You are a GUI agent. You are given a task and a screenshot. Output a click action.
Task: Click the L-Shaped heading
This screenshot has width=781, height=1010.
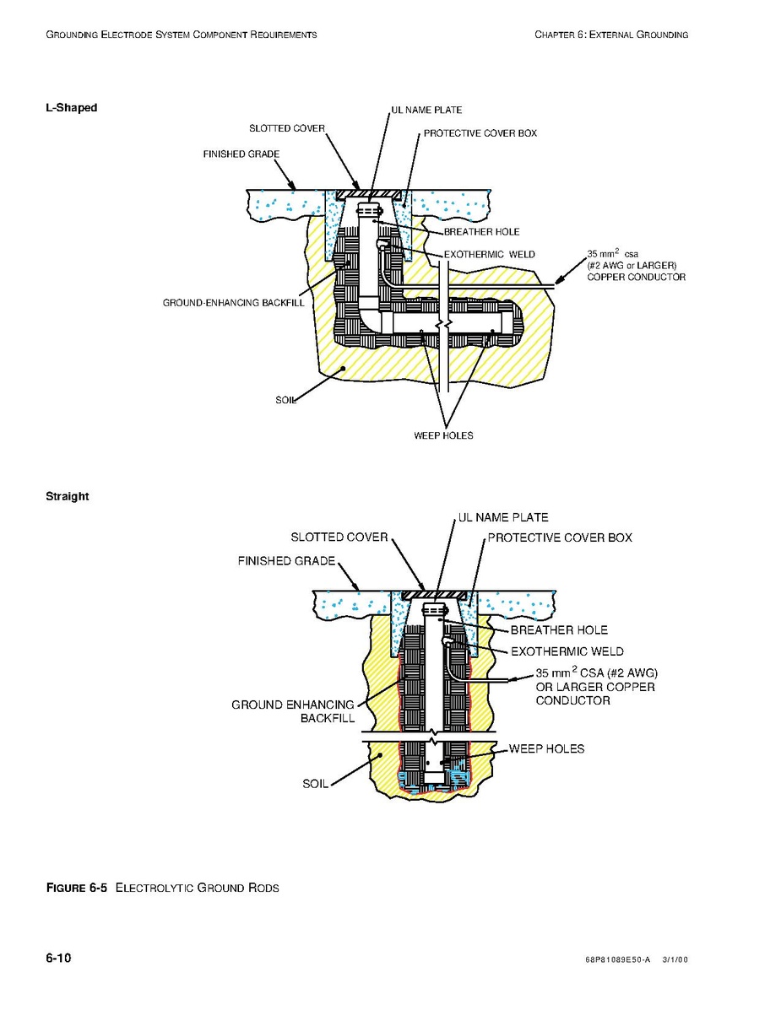pos(72,107)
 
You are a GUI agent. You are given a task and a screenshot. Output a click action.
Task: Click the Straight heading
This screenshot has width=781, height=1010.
pos(67,496)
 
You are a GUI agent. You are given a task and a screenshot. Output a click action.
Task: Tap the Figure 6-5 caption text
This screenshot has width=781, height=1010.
pos(162,888)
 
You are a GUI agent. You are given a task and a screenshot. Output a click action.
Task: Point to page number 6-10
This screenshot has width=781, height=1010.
pos(58,958)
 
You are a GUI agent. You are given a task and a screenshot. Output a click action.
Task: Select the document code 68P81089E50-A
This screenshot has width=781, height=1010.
pos(618,959)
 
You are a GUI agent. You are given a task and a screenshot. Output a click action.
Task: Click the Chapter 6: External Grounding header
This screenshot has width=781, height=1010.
pos(611,34)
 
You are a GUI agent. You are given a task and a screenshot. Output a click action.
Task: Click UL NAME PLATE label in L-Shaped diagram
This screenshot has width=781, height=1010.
pos(426,111)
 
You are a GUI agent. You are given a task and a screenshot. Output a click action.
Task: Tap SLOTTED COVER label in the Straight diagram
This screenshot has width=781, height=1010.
pos(339,537)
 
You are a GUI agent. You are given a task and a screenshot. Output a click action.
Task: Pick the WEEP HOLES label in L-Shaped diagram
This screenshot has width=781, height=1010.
pos(443,435)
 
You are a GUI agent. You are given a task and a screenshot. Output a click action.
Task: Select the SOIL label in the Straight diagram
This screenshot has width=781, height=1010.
pos(315,784)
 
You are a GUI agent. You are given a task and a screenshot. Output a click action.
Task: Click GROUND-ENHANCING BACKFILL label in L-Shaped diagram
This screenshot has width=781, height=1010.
pos(233,303)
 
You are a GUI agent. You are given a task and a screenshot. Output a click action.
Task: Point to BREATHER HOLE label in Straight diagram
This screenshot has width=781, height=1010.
pos(559,630)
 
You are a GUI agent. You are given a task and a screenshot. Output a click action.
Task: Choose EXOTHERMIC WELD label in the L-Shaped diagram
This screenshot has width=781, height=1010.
pos(489,255)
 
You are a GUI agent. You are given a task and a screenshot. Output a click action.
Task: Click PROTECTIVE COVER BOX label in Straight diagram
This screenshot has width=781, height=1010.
pos(559,537)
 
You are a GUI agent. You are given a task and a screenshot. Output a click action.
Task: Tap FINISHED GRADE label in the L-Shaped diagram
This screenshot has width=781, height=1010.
pos(241,154)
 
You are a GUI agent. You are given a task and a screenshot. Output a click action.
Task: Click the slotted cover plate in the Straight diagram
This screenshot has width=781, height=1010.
pos(434,595)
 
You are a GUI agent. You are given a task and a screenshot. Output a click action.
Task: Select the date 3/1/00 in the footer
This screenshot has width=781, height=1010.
pos(675,959)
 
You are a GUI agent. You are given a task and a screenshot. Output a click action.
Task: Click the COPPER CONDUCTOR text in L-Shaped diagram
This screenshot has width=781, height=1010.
pos(636,277)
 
